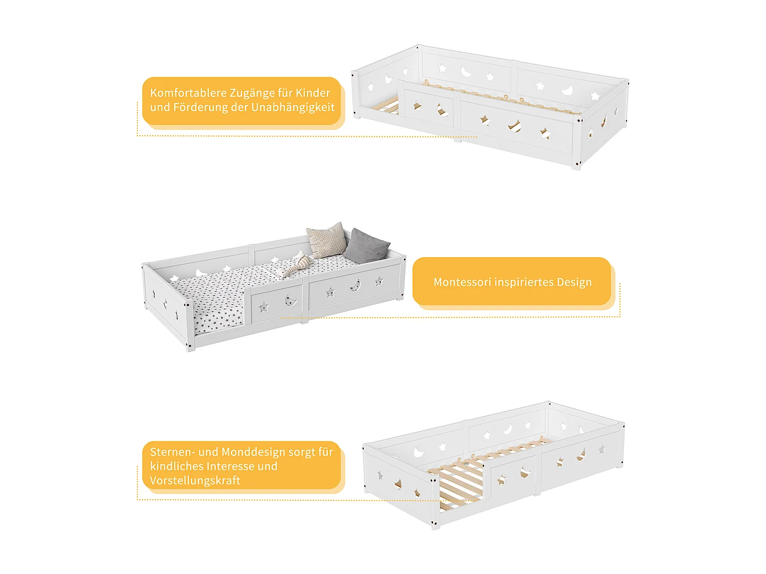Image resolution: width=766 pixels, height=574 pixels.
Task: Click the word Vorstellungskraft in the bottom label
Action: [x=195, y=481]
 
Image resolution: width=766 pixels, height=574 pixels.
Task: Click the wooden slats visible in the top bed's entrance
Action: [x=388, y=107]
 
